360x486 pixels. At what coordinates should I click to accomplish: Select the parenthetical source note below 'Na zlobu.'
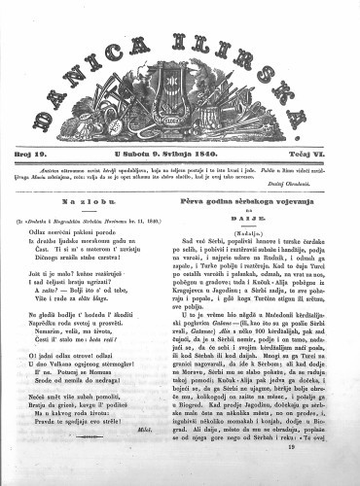(95, 216)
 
